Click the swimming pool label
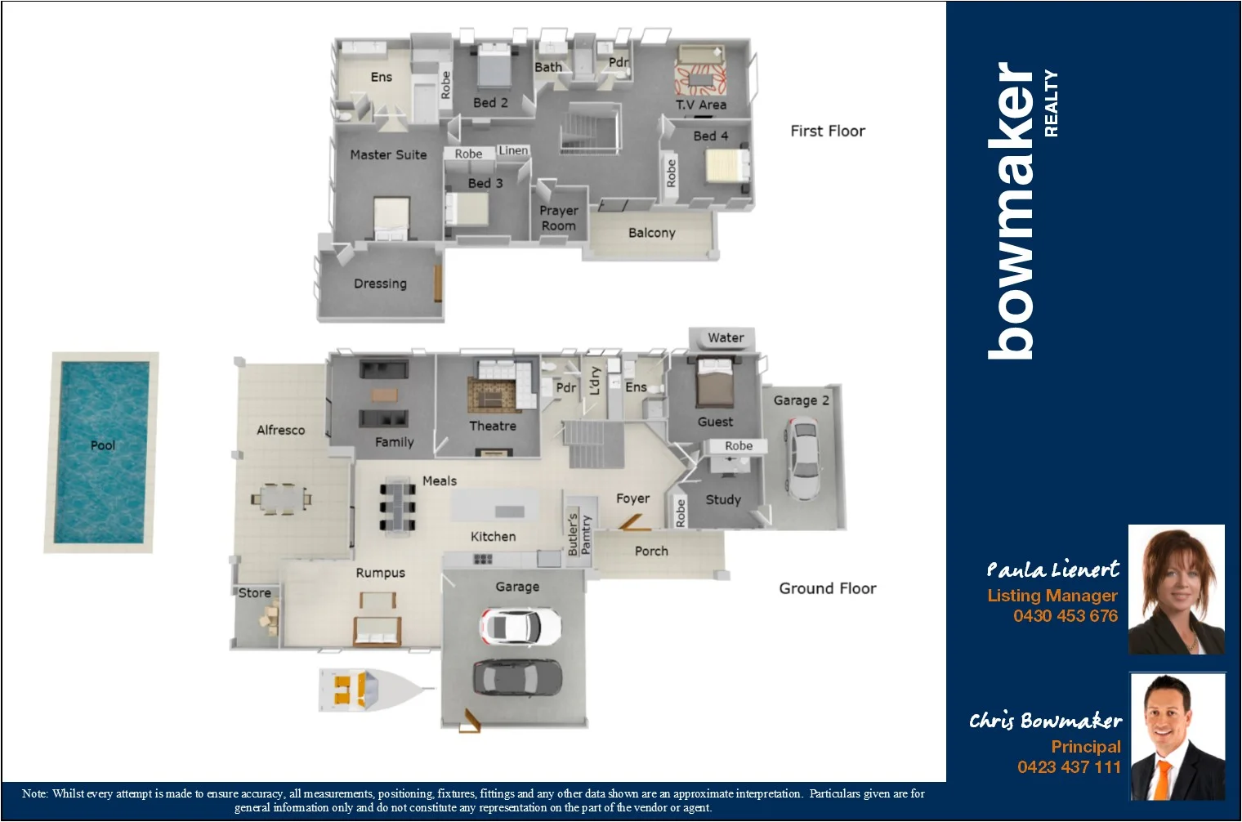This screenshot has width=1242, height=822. pos(102,445)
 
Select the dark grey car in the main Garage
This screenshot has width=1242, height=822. pos(517,677)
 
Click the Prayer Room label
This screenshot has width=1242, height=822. pos(558,218)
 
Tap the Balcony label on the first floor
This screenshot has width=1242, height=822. pos(651,233)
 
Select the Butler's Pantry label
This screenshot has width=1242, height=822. pos(579,534)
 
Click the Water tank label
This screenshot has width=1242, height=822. pos(725,337)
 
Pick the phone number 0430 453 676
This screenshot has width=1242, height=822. pos(1065,616)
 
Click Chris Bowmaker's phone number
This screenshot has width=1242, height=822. pos(1068,766)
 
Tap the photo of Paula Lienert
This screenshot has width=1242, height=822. pos(1176,589)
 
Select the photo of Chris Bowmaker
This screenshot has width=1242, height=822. pos(1177,736)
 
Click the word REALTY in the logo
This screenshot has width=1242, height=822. pos(1051,103)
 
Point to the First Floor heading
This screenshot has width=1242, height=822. pos(827,131)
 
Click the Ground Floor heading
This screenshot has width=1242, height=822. pos(827,588)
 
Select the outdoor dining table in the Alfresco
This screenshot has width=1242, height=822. pos(281,497)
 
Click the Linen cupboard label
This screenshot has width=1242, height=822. pos(513,150)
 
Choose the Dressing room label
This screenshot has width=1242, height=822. pos(380,284)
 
